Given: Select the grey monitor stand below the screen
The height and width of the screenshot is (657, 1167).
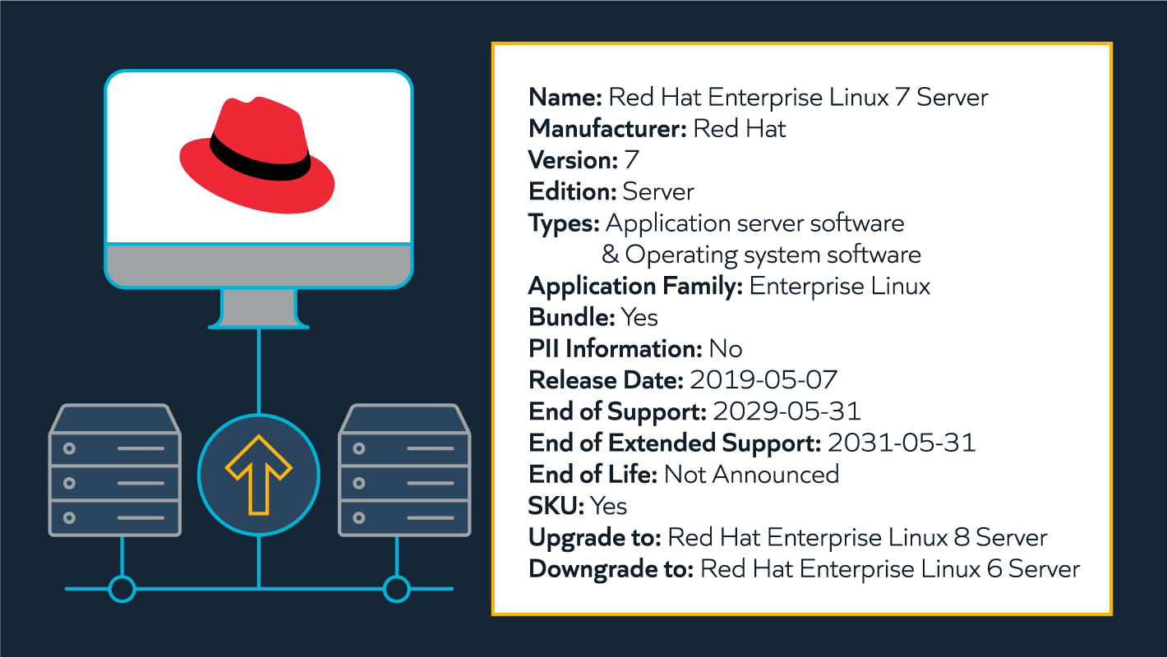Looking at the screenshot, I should (x=258, y=307).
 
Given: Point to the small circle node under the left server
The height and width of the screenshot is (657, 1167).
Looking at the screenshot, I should (x=122, y=589).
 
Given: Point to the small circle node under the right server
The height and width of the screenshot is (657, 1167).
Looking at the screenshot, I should (x=396, y=589).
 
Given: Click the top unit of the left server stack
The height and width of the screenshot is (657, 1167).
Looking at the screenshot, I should (x=115, y=448).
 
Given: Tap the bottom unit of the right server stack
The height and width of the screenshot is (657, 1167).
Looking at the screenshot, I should (x=404, y=517).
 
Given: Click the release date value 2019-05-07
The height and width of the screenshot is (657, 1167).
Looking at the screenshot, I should (x=763, y=380).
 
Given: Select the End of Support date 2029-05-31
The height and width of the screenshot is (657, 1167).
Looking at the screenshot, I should (x=786, y=411).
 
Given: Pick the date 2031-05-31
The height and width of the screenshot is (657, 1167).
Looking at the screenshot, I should (x=902, y=443).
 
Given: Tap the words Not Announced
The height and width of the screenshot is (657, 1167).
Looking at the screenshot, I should (x=751, y=475).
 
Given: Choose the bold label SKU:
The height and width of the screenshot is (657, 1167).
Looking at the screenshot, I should (x=556, y=506).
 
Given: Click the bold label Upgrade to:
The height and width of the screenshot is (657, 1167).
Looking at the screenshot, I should (x=595, y=538).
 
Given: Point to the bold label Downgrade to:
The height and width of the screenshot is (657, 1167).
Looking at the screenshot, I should (x=611, y=569).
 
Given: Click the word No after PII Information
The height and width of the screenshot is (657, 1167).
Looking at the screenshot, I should (x=726, y=349).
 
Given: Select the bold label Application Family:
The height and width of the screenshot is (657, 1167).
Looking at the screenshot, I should (x=635, y=287).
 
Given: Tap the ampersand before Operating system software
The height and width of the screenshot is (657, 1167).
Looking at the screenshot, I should (x=610, y=255).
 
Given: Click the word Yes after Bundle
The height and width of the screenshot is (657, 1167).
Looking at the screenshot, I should (x=639, y=317).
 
